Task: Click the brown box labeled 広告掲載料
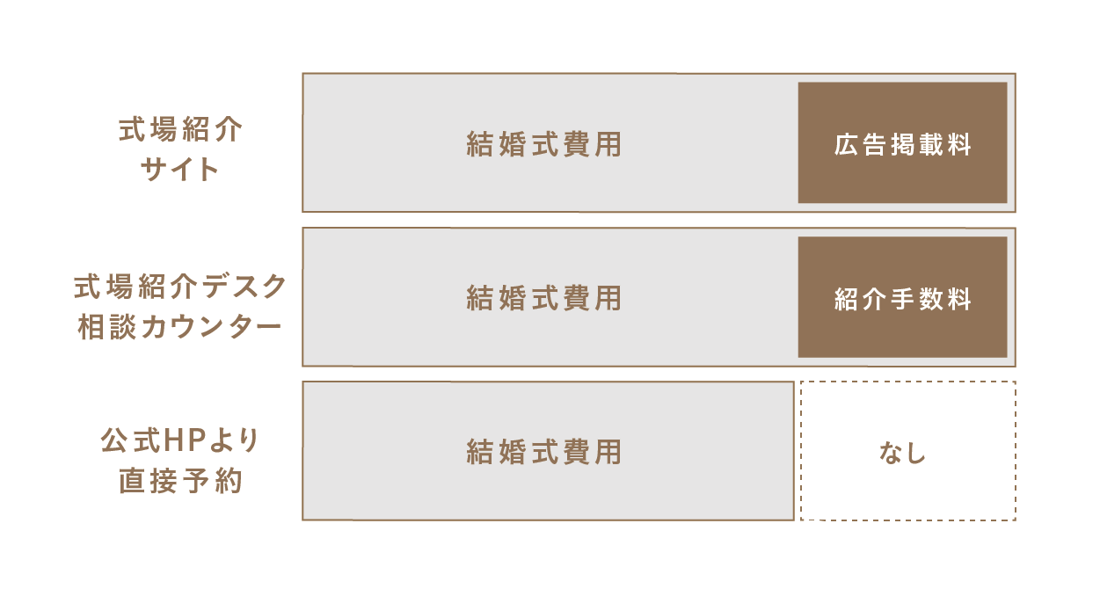(902, 142)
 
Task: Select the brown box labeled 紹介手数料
(902, 297)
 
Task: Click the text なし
(902, 453)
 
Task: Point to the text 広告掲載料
(902, 145)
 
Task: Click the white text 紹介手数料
(902, 299)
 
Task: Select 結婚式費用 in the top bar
(544, 144)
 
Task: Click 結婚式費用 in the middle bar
(544, 298)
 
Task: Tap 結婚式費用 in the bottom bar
(544, 452)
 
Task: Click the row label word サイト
(179, 170)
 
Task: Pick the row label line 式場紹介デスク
(180, 287)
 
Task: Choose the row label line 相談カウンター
(179, 326)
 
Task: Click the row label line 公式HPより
(179, 440)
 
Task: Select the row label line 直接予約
(180, 480)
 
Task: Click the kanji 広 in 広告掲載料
(846, 145)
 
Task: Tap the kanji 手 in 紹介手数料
(902, 299)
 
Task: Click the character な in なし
(891, 453)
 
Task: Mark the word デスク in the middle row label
(244, 287)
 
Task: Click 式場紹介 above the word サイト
(180, 129)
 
